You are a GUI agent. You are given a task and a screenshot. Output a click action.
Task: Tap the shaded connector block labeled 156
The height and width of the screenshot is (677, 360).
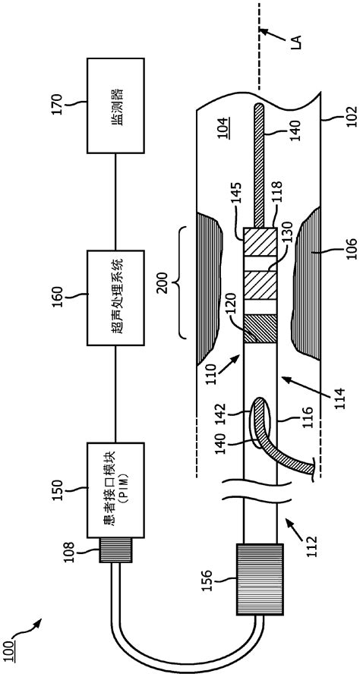[x=261, y=581]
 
